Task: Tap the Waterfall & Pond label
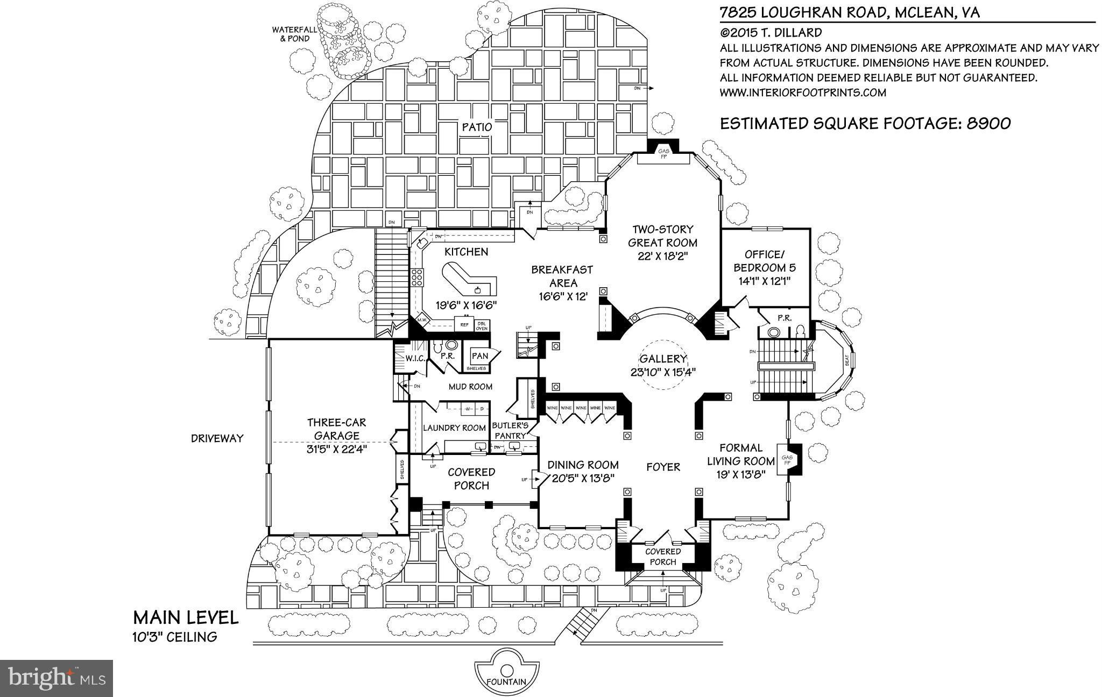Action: [291, 34]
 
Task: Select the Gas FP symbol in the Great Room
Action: [663, 154]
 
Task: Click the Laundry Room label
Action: [454, 428]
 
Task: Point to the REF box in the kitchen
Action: [464, 325]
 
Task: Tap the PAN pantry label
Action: [479, 355]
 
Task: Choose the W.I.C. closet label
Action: [416, 358]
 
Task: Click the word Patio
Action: [477, 127]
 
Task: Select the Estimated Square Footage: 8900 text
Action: [865, 123]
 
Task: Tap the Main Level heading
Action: [186, 617]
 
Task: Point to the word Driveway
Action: [217, 438]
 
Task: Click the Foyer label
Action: [663, 467]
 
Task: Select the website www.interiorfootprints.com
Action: [803, 93]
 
